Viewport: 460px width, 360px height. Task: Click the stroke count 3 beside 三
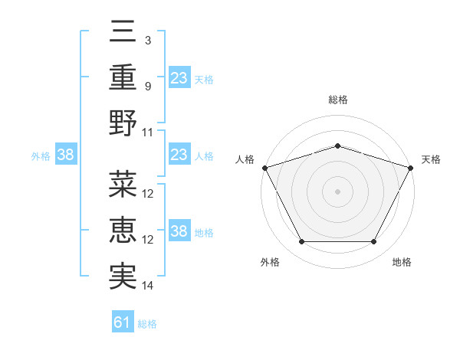[x=148, y=40]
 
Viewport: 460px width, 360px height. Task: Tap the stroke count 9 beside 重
[x=148, y=86]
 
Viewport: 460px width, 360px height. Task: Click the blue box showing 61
[x=123, y=322]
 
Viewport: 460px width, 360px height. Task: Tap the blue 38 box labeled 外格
[x=66, y=155]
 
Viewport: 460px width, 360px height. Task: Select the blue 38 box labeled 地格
[x=179, y=232]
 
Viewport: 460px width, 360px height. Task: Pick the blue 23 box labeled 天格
[x=179, y=77]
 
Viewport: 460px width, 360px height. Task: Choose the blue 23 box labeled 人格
[x=179, y=155]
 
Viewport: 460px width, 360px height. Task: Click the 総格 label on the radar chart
[x=338, y=100]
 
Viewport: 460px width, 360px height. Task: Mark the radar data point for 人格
[x=264, y=168]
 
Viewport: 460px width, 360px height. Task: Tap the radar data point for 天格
[x=411, y=168]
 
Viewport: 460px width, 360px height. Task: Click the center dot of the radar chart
[x=338, y=191]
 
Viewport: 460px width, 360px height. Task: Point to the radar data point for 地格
[x=374, y=242]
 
